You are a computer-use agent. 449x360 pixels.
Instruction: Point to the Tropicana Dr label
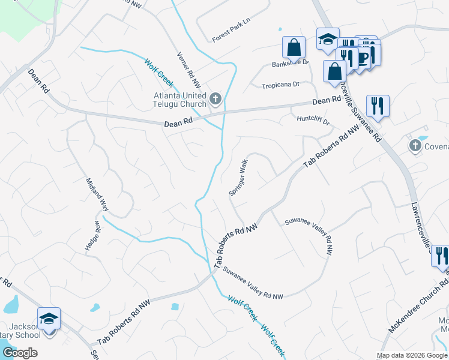click(280, 85)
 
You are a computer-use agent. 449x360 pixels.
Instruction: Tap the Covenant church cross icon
click(415, 146)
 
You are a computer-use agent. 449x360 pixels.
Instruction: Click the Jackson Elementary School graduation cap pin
click(49, 318)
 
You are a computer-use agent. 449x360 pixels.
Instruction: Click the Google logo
click(20, 352)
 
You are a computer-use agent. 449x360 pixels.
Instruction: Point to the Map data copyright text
click(412, 355)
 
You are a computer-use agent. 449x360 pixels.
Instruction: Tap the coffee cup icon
click(363, 57)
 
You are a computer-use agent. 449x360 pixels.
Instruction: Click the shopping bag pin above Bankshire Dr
click(294, 47)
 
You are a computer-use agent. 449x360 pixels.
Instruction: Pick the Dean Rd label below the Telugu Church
click(179, 122)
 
